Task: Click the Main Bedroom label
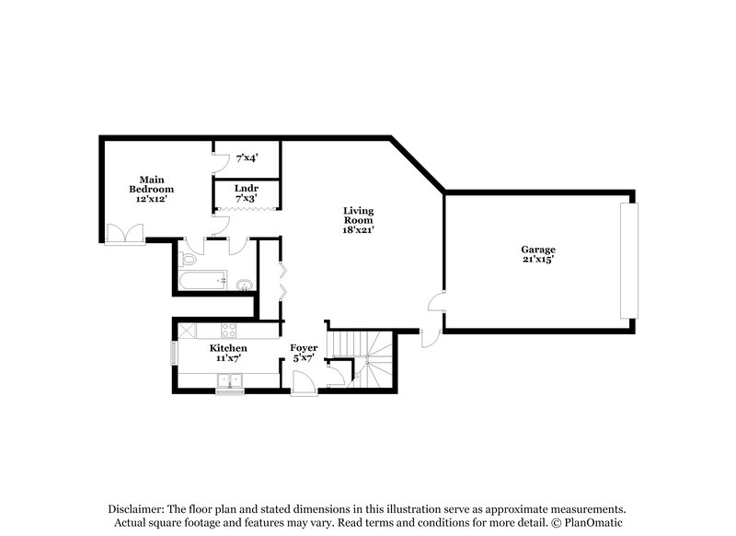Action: (152, 188)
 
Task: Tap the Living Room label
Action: (358, 220)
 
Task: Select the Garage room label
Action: (538, 254)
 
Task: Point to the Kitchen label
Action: (228, 354)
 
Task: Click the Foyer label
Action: (304, 354)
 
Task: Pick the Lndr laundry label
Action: (245, 192)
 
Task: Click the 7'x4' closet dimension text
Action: (246, 157)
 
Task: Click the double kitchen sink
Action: (227, 379)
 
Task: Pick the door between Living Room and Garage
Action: (436, 305)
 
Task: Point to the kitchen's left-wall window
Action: (174, 355)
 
